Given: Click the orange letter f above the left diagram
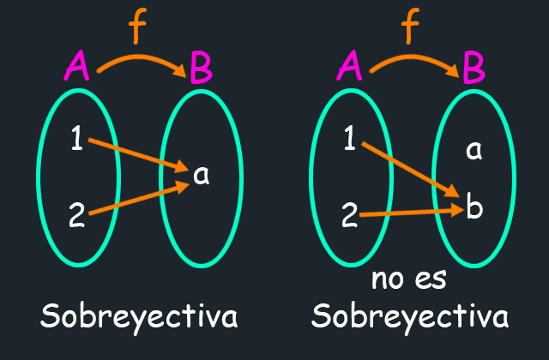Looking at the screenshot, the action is (136, 27).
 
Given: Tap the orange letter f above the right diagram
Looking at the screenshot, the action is (409, 27).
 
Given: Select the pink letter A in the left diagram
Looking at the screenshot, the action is (76, 65).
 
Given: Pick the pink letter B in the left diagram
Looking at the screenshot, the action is (201, 68).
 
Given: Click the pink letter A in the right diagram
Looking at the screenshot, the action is (349, 65).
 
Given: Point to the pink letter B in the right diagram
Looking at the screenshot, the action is (474, 68).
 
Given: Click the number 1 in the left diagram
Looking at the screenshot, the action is (77, 138).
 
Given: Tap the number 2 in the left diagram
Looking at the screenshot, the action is (77, 215).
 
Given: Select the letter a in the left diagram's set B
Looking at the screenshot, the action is (202, 175).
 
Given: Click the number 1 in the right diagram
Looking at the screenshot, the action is (350, 138).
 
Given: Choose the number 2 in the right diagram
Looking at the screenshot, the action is (350, 215).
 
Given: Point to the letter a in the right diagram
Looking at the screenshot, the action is (474, 151).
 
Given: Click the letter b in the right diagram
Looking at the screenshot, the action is (474, 207).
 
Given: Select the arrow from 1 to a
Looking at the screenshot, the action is (138, 155).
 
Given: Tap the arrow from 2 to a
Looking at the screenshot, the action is (139, 198).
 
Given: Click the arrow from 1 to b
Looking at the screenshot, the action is (410, 170).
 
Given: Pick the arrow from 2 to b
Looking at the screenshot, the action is (412, 213).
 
